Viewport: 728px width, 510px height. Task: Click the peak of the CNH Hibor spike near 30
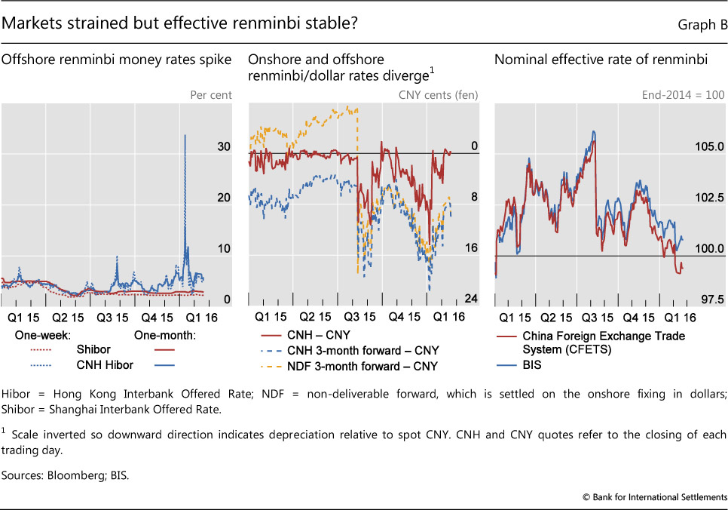pos(185,136)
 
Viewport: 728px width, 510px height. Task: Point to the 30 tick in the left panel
pos(224,146)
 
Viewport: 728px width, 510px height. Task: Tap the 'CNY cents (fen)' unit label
pos(438,95)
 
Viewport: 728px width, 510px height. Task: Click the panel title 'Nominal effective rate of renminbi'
pos(600,60)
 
